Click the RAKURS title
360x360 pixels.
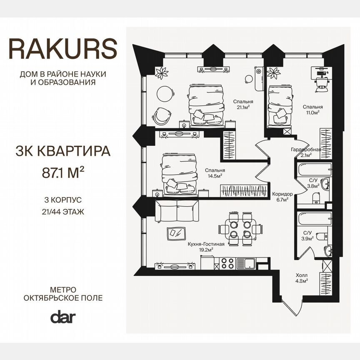tap(63, 49)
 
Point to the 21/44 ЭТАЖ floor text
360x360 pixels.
tap(63, 212)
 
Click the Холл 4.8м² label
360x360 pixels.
tap(302, 278)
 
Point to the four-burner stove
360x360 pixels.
tap(227, 263)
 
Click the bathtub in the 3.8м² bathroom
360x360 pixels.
tap(315, 170)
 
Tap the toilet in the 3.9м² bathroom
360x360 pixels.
tap(320, 237)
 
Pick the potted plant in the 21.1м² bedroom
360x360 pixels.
tap(161, 72)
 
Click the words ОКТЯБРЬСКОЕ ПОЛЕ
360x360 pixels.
tap(63, 298)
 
